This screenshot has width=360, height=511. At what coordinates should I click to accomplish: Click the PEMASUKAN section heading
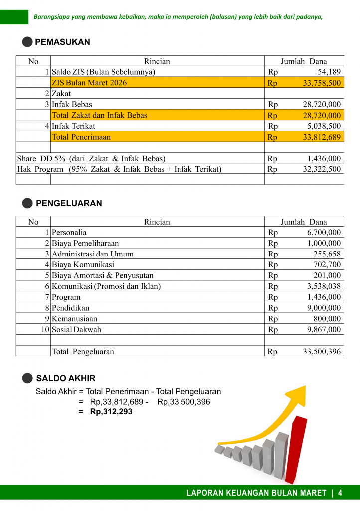[62, 42]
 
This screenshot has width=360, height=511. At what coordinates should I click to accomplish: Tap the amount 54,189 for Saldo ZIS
[329, 72]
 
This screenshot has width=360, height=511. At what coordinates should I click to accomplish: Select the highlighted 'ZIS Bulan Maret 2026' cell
[89, 83]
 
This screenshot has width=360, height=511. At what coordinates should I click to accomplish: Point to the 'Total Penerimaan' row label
[81, 137]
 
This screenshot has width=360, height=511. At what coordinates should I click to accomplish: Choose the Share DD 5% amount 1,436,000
[324, 159]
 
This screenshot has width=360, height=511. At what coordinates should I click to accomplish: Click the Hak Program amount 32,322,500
[322, 169]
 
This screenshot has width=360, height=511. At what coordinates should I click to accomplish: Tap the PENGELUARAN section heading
[69, 203]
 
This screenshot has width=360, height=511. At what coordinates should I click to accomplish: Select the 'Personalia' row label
[69, 233]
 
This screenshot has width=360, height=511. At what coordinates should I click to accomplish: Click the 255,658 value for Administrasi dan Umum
[327, 254]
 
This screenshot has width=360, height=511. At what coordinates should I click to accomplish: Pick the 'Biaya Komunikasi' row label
[83, 265]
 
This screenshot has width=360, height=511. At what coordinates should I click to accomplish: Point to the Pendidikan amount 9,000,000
[324, 308]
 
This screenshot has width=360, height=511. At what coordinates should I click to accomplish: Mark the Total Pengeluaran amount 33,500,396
[322, 352]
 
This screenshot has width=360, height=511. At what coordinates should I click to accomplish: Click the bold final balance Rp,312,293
[111, 412]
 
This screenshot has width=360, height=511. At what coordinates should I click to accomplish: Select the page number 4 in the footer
[340, 493]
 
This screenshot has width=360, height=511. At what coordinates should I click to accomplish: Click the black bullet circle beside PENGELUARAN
[28, 203]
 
